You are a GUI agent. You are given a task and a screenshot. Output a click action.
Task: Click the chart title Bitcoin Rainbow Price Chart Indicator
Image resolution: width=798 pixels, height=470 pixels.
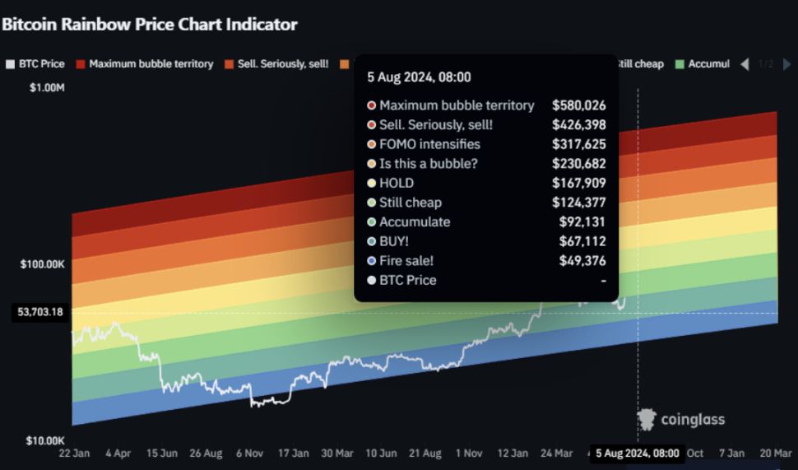[x=149, y=25]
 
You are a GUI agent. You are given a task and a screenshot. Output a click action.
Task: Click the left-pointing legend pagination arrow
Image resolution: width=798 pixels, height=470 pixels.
[x=745, y=64]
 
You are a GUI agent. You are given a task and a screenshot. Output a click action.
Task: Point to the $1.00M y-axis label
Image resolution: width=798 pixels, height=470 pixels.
[x=47, y=87]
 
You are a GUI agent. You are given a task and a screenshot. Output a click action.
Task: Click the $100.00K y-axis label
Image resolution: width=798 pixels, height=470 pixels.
[x=42, y=264]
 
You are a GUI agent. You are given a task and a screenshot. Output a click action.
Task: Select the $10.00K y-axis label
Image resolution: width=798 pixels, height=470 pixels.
[x=44, y=441]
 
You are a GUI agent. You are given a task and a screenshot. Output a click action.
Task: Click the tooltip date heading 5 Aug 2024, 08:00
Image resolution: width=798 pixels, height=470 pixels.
[x=419, y=77]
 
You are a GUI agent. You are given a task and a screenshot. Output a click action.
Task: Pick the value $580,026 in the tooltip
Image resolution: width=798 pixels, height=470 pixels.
[x=579, y=105]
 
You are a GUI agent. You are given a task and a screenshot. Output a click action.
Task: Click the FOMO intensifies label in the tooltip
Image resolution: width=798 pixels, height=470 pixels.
[x=429, y=144]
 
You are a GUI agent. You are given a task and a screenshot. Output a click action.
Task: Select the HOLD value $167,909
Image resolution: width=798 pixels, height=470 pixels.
[x=579, y=183]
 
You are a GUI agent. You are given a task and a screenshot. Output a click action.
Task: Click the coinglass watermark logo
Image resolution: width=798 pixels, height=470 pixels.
[x=680, y=420]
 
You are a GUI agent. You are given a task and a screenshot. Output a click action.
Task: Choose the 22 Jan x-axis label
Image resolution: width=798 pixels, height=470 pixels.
[x=75, y=454]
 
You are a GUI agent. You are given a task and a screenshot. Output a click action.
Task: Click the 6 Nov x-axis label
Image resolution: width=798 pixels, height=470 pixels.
[x=251, y=454]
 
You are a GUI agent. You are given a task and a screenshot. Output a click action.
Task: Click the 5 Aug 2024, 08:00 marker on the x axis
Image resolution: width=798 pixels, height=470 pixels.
[x=637, y=454]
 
